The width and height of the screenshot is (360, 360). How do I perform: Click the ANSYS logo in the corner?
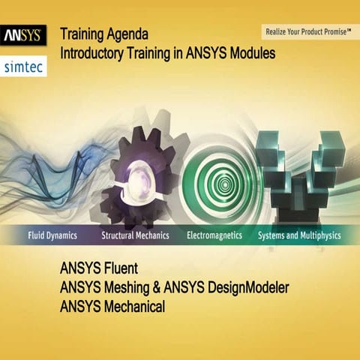click(24, 35)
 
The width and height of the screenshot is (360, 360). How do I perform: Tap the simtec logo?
click(24, 66)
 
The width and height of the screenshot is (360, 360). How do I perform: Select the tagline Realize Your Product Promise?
click(307, 31)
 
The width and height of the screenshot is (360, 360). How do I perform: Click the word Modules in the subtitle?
click(251, 54)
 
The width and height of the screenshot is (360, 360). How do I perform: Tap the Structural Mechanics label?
click(135, 235)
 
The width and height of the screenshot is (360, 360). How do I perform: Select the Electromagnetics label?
click(214, 235)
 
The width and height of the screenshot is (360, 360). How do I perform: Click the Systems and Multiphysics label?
click(298, 235)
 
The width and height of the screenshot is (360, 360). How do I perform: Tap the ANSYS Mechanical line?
click(113, 306)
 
